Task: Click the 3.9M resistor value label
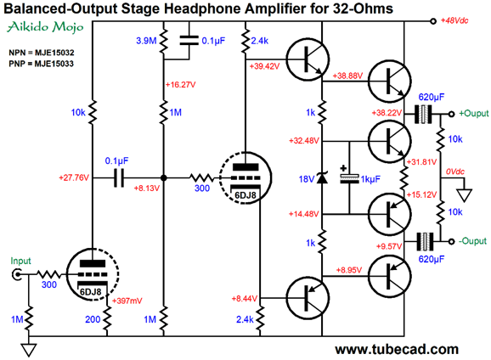146,41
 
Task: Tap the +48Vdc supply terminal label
454,20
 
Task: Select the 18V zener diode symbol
322,177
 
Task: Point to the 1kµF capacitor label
370,179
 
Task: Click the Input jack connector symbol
16,274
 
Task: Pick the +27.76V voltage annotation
74,177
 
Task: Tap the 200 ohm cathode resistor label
93,319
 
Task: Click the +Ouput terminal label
473,113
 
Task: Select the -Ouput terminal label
472,241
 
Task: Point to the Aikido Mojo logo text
45,27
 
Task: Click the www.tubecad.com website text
397,349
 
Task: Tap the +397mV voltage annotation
127,301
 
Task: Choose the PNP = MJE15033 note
42,64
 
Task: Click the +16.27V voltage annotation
180,85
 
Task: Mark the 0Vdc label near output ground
455,172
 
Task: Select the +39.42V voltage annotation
264,66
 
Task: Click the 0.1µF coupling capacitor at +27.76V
119,177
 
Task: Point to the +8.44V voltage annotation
245,299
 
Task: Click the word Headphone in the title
202,8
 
